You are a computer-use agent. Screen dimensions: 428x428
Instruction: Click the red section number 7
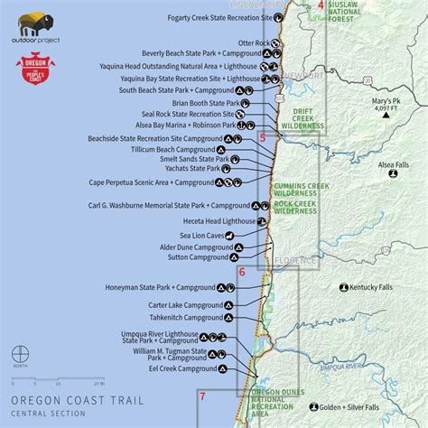point(202,395)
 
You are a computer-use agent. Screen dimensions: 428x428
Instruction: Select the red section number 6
point(242,272)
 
